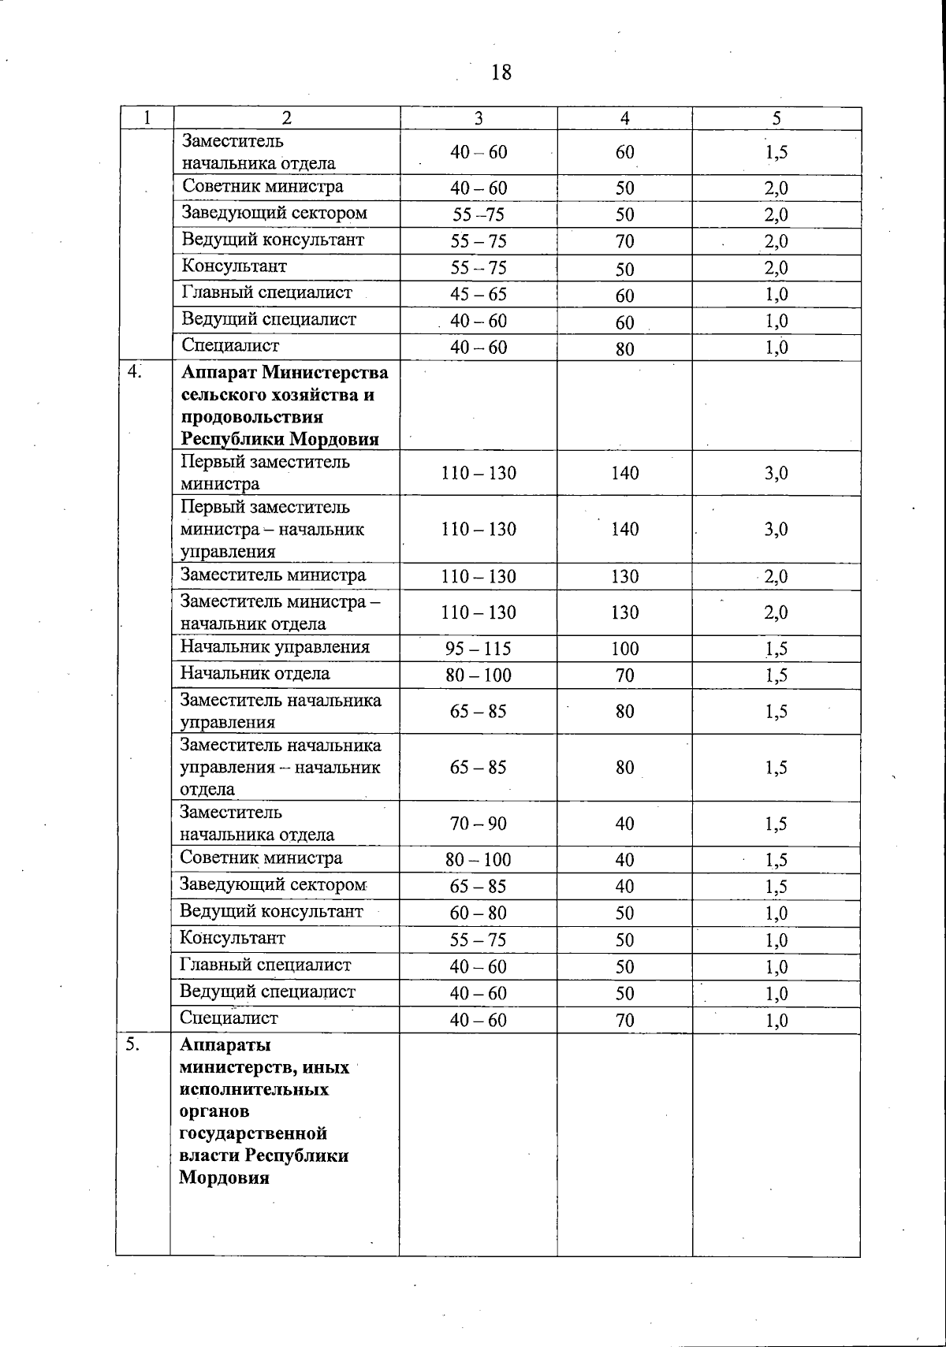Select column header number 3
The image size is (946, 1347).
pyautogui.click(x=479, y=118)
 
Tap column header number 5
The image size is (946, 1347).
pyautogui.click(x=777, y=118)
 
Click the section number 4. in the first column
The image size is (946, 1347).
pyautogui.click(x=136, y=370)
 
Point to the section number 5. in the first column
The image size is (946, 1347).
pyautogui.click(x=133, y=1044)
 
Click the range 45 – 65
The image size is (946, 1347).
pyautogui.click(x=479, y=294)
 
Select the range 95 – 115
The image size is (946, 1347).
pyautogui.click(x=479, y=649)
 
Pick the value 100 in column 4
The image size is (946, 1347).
pyautogui.click(x=625, y=649)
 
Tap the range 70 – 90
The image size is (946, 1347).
pyautogui.click(x=479, y=824)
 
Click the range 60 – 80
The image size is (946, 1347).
pyautogui.click(x=479, y=913)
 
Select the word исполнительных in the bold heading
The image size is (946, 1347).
pyautogui.click(x=254, y=1089)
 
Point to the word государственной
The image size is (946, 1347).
pyautogui.click(x=253, y=1133)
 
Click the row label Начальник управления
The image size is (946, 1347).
pyautogui.click(x=274, y=647)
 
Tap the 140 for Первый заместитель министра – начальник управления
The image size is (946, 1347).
pyautogui.click(x=625, y=529)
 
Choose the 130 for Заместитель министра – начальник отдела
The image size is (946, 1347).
pyautogui.click(x=625, y=612)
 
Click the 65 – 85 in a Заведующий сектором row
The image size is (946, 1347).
pyautogui.click(x=479, y=886)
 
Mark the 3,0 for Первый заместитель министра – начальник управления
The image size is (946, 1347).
pyautogui.click(x=777, y=529)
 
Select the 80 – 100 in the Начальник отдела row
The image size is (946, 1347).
pyautogui.click(x=479, y=675)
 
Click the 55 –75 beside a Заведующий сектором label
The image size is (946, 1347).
pyautogui.click(x=479, y=214)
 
